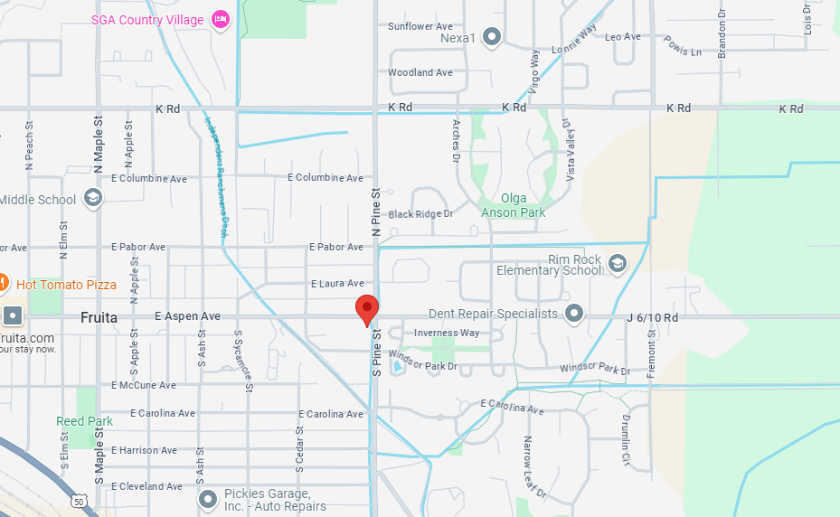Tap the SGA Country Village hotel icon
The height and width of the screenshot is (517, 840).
pyautogui.click(x=220, y=19)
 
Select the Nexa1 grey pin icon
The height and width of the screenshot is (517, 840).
pyautogui.click(x=492, y=37)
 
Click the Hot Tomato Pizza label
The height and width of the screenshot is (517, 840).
pyautogui.click(x=66, y=285)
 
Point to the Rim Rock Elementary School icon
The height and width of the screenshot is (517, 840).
pyautogui.click(x=618, y=263)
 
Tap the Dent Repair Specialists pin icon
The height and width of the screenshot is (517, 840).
pyautogui.click(x=574, y=314)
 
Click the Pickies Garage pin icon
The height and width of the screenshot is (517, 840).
pyautogui.click(x=208, y=499)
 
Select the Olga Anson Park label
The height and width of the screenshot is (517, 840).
pyautogui.click(x=513, y=205)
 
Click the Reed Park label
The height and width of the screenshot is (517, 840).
pyautogui.click(x=84, y=421)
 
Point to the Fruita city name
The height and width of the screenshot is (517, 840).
pyautogui.click(x=99, y=317)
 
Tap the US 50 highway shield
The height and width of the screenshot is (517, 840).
pyautogui.click(x=80, y=501)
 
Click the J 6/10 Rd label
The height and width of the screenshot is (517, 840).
pyautogui.click(x=652, y=317)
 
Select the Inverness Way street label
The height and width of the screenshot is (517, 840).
pyautogui.click(x=447, y=333)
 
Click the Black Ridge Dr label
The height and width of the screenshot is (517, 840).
pyautogui.click(x=420, y=214)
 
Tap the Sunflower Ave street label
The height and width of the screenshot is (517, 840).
pyautogui.click(x=420, y=26)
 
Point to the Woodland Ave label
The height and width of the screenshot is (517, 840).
pyautogui.click(x=420, y=72)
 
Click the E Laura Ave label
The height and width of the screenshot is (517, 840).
pyautogui.click(x=337, y=283)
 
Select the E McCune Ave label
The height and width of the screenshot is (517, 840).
pyautogui.click(x=144, y=385)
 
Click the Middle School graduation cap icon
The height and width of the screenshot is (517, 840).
pyautogui.click(x=92, y=198)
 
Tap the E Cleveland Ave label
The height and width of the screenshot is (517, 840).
pyautogui.click(x=146, y=486)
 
